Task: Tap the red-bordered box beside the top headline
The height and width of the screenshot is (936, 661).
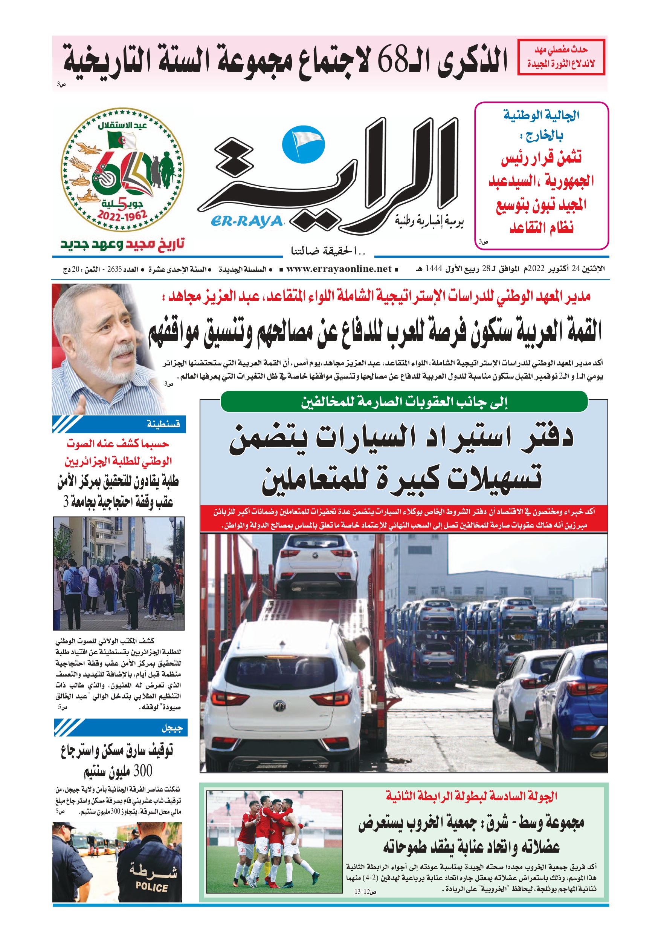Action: [x=561, y=57]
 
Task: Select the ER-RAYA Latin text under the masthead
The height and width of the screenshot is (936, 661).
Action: [x=247, y=221]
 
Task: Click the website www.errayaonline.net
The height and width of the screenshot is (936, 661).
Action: [x=339, y=269]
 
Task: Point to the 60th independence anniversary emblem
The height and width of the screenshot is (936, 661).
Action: [x=122, y=170]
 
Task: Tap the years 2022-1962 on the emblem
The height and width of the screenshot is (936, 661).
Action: [x=122, y=215]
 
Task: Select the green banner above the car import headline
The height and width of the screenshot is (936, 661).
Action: [x=404, y=402]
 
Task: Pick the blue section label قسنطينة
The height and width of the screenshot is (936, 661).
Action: [x=163, y=424]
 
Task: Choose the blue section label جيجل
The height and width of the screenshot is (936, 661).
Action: [x=172, y=728]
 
